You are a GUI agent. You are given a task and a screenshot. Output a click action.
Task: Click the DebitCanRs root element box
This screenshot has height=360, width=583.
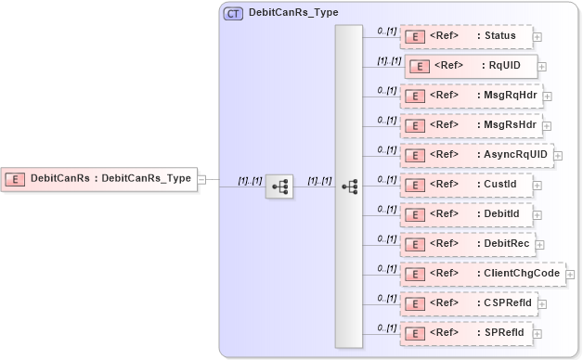point(100,178)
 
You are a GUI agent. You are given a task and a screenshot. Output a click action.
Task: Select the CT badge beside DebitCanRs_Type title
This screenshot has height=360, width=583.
point(233,13)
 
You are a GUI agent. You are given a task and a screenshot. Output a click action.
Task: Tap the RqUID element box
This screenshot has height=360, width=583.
point(469,67)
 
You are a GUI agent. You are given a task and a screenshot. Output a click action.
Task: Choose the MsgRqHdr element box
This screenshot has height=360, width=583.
point(471,96)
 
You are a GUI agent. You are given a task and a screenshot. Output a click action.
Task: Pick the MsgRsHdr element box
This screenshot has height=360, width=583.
point(471,125)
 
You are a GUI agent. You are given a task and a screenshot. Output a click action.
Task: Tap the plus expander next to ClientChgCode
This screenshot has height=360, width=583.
point(571,275)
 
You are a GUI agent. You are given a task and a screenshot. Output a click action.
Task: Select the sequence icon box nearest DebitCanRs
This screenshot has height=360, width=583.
point(279,186)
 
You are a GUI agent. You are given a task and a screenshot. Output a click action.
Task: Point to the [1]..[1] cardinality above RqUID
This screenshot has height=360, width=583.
point(388,60)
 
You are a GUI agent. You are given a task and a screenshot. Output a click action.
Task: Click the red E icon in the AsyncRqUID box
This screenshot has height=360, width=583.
point(417,155)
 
